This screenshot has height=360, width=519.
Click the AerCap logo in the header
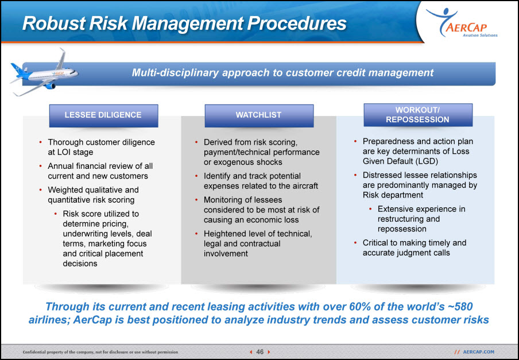461,23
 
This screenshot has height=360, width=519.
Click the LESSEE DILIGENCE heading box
103,115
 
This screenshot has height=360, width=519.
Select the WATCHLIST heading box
259,115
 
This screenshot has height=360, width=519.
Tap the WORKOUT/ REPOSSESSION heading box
418,115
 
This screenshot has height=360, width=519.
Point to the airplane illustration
44,73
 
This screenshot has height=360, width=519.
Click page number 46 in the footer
260,352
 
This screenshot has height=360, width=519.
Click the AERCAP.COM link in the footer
478,352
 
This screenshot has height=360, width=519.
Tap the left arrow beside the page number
251,352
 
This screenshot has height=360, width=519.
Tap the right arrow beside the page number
269,352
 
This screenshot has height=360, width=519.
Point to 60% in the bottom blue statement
359,307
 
